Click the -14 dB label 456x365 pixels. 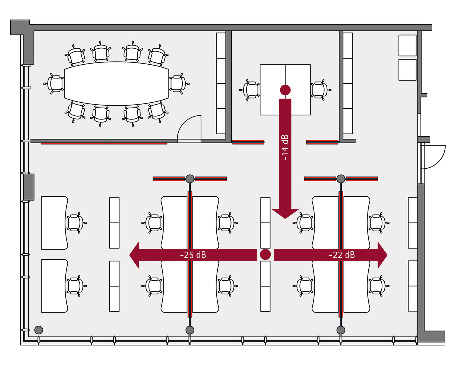click(285, 147)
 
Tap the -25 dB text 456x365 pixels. click(193, 255)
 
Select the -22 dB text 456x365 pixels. click(342, 255)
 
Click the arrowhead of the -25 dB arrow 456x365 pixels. click(135, 255)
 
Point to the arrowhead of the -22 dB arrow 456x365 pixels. click(382, 255)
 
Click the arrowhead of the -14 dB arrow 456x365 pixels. click(285, 213)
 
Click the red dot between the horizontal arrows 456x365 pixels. click(265, 254)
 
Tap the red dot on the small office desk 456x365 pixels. click(285, 90)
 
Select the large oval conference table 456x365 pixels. click(116, 83)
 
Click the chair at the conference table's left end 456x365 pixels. click(55, 84)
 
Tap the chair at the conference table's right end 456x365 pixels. click(178, 83)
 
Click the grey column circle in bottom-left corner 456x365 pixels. click(39, 330)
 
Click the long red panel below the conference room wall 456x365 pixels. click(104, 143)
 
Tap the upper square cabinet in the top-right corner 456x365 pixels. click(407, 45)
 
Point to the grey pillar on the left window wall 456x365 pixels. click(29, 187)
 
